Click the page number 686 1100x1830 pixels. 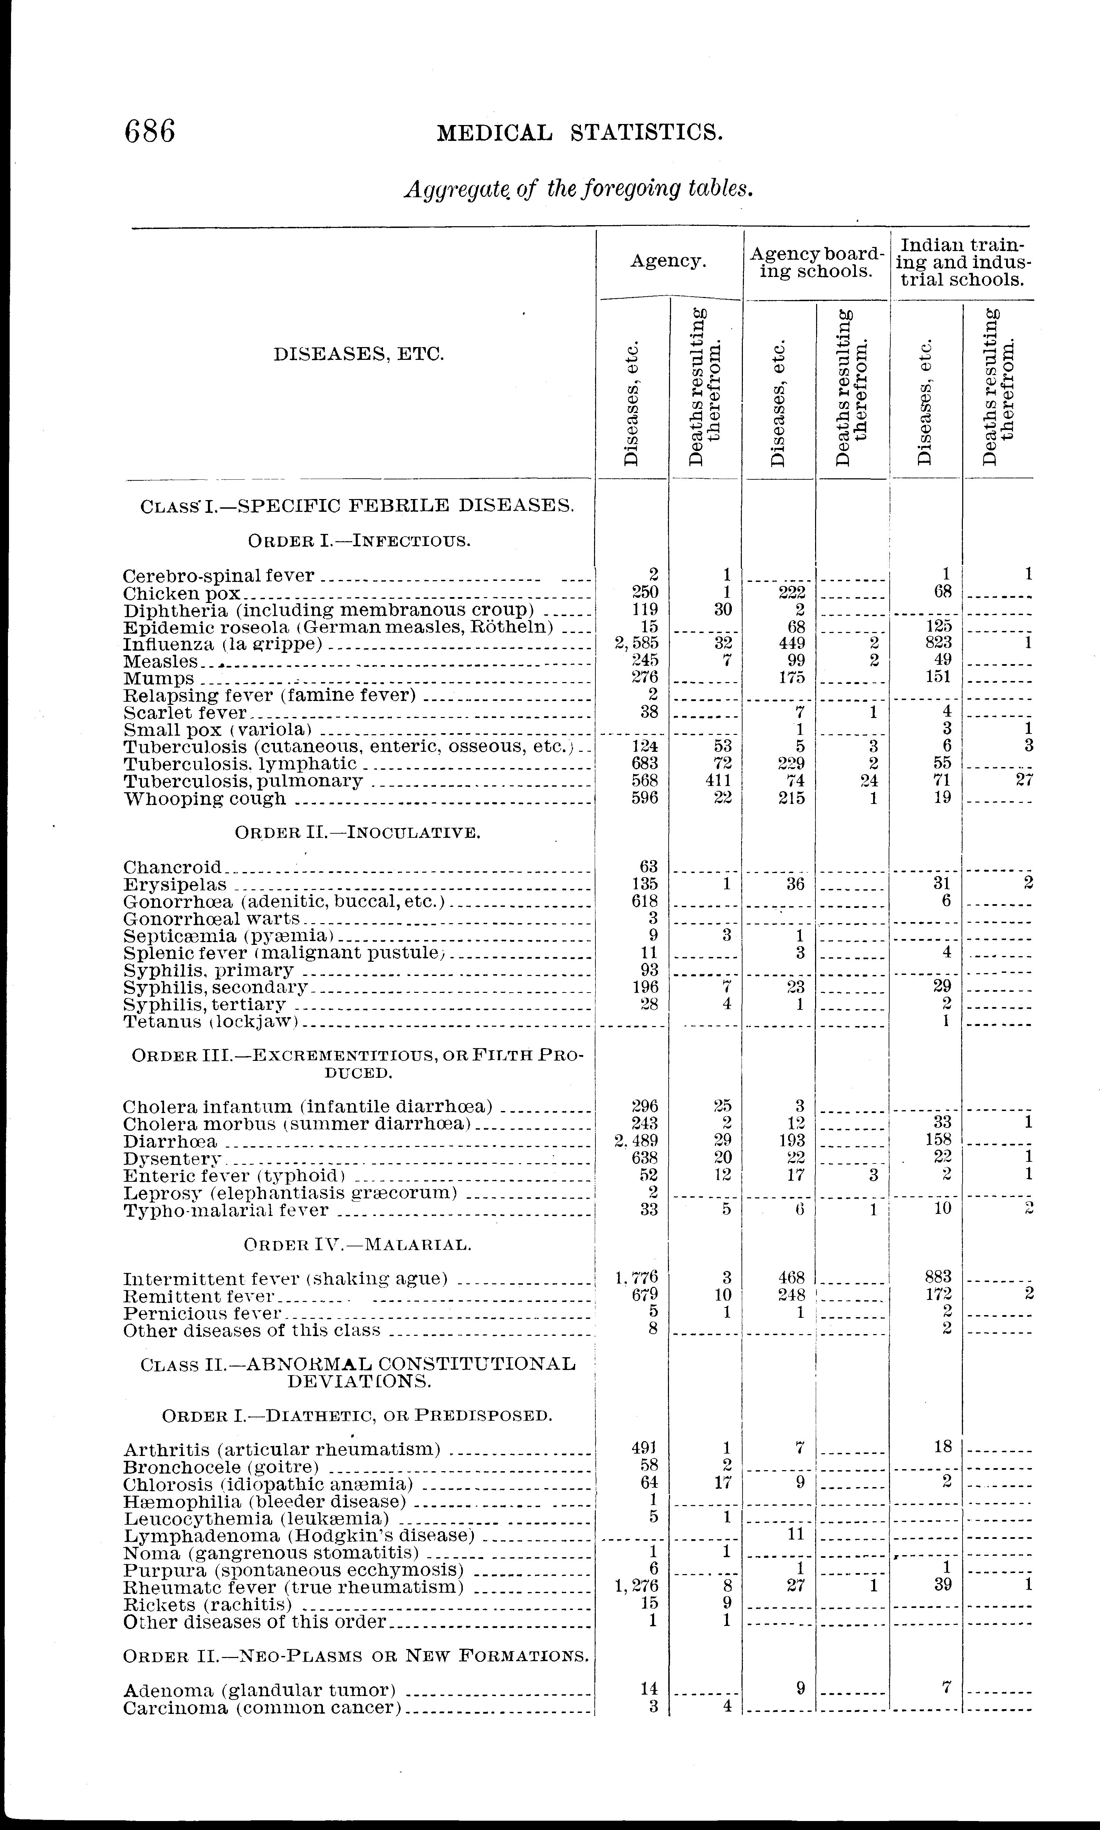(x=151, y=132)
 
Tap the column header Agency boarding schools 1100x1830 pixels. (x=817, y=262)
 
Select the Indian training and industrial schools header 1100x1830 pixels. (x=962, y=262)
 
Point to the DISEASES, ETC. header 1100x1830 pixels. (x=359, y=354)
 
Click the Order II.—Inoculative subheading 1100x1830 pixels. (x=357, y=832)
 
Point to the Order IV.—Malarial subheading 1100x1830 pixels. (x=357, y=1244)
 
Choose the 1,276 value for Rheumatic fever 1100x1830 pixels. (x=637, y=1585)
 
